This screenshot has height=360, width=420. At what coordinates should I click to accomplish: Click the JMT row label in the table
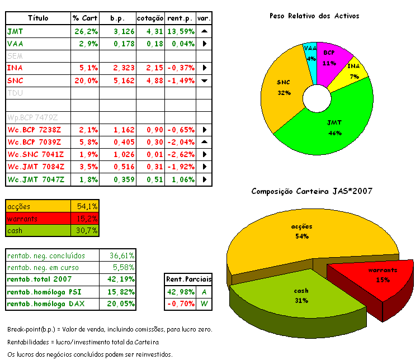[x=15, y=31]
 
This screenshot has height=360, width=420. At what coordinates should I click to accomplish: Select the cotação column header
[x=150, y=18]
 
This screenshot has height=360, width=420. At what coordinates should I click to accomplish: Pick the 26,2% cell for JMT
[x=86, y=31]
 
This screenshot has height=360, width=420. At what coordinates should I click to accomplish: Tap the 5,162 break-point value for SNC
[x=120, y=80]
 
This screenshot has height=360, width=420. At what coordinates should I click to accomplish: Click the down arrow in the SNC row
[x=205, y=80]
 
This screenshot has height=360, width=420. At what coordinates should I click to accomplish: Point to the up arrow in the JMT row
[x=205, y=31]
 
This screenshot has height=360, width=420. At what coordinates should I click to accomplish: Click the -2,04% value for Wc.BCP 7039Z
[x=180, y=143]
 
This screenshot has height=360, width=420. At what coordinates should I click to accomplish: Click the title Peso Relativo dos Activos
[x=314, y=16]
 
